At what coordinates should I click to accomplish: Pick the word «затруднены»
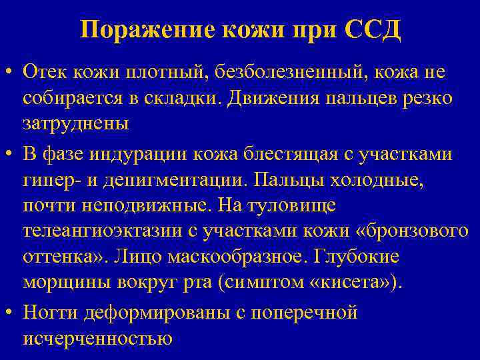[75, 124]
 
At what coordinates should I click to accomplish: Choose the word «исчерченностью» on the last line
[98, 339]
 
